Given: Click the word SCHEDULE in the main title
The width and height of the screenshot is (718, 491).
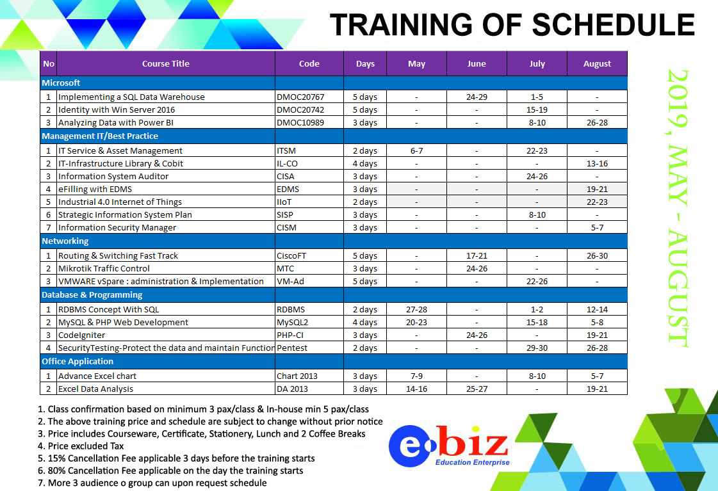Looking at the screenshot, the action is pos(613,25).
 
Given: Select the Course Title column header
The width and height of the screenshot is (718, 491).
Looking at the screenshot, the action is pos(166,63).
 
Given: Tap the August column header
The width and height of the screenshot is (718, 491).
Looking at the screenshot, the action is pos(597,63).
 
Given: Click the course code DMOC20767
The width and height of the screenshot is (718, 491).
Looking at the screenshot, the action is pos(300,97).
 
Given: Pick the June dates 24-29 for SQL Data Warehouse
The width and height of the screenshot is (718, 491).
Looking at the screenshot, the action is pos(477,97).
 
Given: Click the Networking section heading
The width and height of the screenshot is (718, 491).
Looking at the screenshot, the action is pos(65,241).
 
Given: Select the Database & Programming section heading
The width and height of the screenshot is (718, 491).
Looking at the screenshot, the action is pos(92,294).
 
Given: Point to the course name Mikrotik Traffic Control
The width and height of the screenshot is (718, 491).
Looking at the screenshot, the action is pos(104,269).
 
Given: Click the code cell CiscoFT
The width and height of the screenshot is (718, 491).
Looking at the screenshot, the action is pos(291,256).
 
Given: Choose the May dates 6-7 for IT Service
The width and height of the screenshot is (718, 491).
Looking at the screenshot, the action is pos(417,150).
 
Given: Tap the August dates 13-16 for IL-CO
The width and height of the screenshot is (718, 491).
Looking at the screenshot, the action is pos(597,163).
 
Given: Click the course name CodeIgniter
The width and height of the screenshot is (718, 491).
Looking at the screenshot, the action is pos(81,335).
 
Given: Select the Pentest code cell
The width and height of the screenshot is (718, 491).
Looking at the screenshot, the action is pos(292,348).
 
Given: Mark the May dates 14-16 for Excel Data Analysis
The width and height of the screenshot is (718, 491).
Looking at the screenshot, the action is pos(417,389).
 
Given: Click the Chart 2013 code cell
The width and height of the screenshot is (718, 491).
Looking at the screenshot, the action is pos(297,376).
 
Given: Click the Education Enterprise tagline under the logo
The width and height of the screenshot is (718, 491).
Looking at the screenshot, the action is pos(472,462).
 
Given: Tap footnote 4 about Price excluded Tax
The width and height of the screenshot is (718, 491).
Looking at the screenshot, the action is pos(81,446).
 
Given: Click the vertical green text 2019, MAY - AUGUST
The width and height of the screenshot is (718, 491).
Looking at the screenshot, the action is pos(678,208).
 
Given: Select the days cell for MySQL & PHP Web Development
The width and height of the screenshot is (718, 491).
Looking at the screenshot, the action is pos(365,323).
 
